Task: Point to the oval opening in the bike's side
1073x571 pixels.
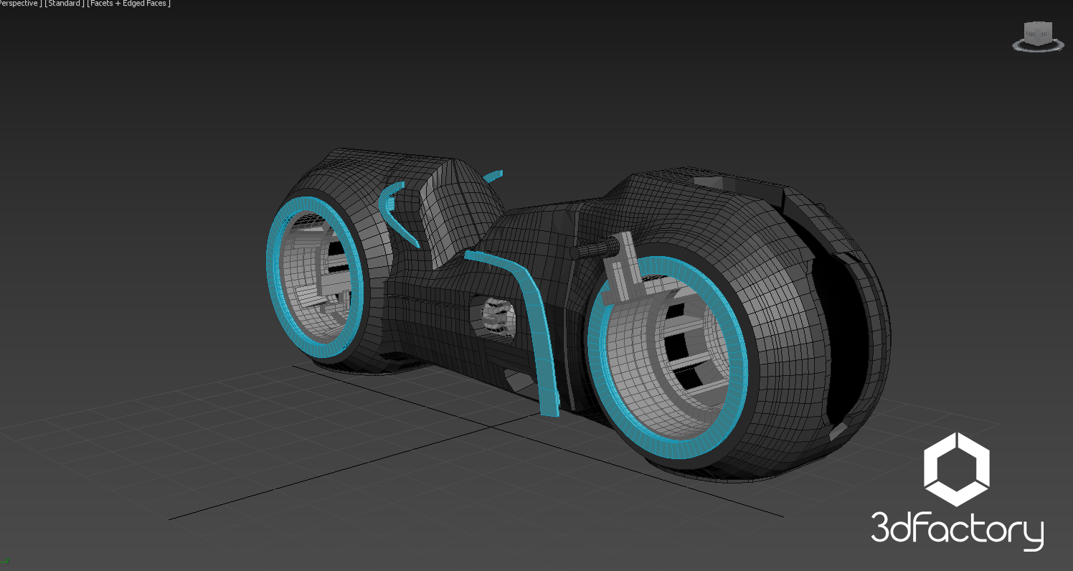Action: [495, 316]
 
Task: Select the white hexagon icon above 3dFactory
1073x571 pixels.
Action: [956, 469]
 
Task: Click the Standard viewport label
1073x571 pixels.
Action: [65, 4]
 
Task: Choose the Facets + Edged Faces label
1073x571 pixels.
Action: [128, 4]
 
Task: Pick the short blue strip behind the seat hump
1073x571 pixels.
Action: [493, 174]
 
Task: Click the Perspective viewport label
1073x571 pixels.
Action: [19, 4]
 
